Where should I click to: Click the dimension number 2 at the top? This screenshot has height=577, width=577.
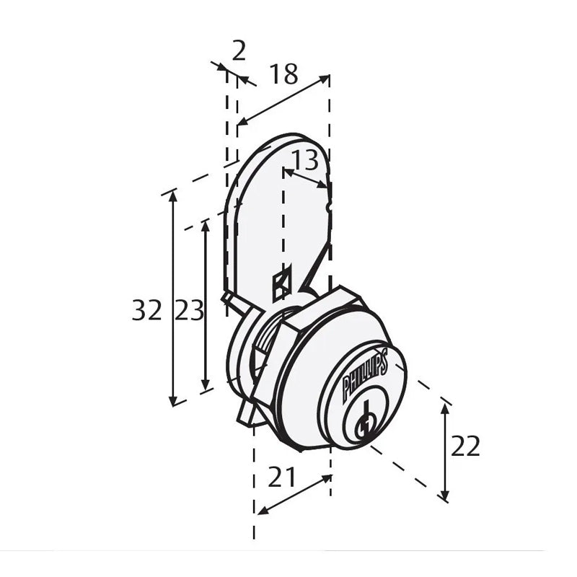[x=239, y=50]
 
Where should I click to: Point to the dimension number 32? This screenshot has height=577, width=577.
[x=147, y=310]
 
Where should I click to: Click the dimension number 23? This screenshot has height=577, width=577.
[x=189, y=310]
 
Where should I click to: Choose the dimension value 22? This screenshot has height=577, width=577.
[x=465, y=446]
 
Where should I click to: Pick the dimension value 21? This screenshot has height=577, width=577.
[x=283, y=476]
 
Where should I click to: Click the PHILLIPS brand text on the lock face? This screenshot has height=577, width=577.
[x=365, y=375]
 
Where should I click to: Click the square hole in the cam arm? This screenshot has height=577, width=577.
[x=281, y=283]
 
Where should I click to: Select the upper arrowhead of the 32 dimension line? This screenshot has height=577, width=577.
[x=172, y=197]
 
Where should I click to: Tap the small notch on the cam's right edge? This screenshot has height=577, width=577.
[x=330, y=206]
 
